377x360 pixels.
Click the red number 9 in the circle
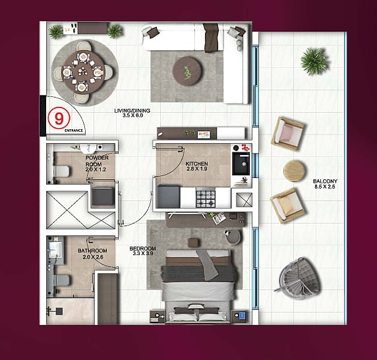click(x=59, y=118)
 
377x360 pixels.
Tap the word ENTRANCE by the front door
click(x=74, y=131)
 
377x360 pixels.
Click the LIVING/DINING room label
click(x=132, y=111)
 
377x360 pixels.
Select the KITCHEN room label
click(x=196, y=164)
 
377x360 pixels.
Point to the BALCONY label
click(x=325, y=181)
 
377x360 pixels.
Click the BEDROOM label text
click(x=143, y=249)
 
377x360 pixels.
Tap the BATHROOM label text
click(x=92, y=251)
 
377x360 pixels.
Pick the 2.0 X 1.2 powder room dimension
click(x=96, y=169)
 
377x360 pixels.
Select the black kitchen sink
click(x=241, y=164)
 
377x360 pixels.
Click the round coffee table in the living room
click(x=187, y=71)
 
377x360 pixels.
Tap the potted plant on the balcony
click(x=314, y=61)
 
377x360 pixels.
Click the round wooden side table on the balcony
click(x=295, y=171)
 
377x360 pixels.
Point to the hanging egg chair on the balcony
click(x=299, y=278)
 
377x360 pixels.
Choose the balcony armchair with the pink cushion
click(x=288, y=134)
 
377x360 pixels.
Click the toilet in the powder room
click(x=61, y=171)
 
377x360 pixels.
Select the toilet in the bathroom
click(x=61, y=281)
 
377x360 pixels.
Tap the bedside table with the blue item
click(x=239, y=315)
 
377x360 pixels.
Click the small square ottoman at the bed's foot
click(x=194, y=243)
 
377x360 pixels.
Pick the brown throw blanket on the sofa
click(x=211, y=38)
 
